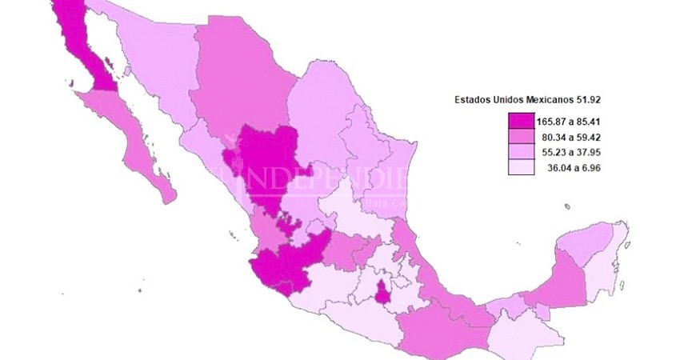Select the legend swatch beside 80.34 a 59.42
(520, 138)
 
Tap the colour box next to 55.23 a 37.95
(520, 153)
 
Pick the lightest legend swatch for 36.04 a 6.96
(520, 168)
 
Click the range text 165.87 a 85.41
(569, 122)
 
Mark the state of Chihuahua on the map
(240, 88)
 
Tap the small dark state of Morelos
(382, 292)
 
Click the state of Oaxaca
(432, 328)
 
